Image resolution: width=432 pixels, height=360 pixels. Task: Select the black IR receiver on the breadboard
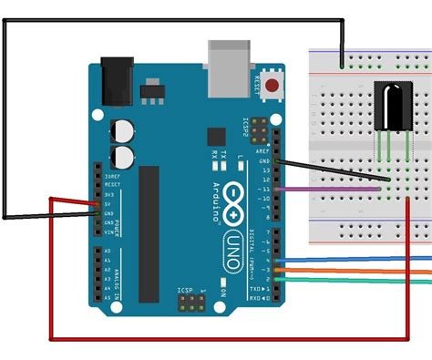coord(391,104)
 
